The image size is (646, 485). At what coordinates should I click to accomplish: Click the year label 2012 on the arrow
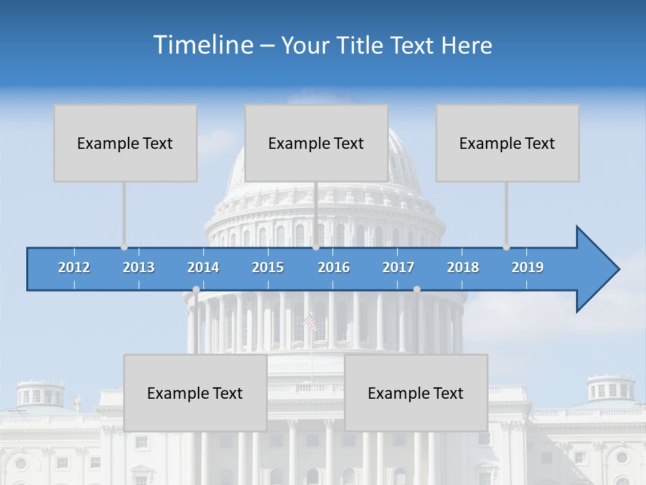[x=74, y=267]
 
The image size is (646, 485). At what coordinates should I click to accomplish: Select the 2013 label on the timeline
[x=139, y=267]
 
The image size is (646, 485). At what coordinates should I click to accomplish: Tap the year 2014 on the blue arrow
[x=203, y=267]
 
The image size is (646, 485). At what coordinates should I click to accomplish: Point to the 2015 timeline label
[x=268, y=267]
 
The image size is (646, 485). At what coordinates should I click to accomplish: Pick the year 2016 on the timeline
[x=334, y=267]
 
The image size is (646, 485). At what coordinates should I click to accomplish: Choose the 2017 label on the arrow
[x=398, y=267]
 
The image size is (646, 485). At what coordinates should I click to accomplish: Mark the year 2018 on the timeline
[x=463, y=267]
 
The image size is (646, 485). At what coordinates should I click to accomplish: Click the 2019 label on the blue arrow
[x=528, y=267]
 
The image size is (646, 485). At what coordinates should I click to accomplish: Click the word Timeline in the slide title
[x=202, y=45]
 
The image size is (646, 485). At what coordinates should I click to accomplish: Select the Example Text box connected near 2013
[x=125, y=143]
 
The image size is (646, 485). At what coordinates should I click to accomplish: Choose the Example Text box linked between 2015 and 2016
[x=316, y=143]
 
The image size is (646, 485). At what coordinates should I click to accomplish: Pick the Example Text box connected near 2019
[x=507, y=143]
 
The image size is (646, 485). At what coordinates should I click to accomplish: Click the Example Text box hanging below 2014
[x=195, y=393]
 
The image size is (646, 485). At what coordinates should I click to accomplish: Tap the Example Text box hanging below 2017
[x=416, y=393]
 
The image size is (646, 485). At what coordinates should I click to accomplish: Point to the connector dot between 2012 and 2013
[x=124, y=247]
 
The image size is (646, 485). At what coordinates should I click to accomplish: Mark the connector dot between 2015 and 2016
[x=316, y=247]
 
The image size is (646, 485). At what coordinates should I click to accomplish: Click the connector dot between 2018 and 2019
[x=506, y=247]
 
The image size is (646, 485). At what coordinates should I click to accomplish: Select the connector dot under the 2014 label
[x=196, y=289]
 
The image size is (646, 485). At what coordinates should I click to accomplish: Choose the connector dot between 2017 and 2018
[x=417, y=289]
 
